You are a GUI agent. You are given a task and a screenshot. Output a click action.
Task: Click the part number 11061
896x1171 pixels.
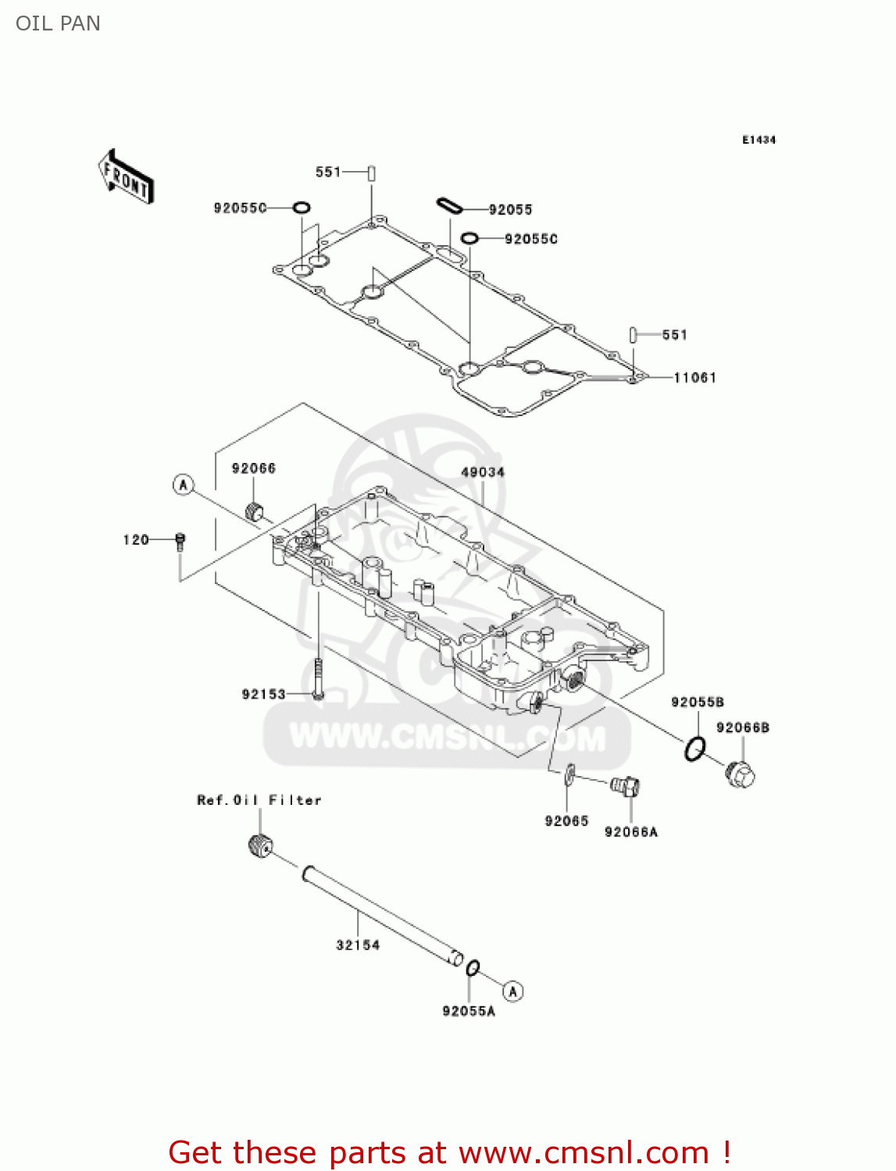pyautogui.click(x=694, y=378)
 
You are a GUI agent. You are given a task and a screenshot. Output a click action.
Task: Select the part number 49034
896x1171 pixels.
pyautogui.click(x=483, y=472)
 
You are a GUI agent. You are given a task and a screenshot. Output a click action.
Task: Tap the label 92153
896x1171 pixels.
pyautogui.click(x=264, y=694)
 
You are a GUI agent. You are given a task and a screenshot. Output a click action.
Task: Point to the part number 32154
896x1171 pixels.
pyautogui.click(x=358, y=945)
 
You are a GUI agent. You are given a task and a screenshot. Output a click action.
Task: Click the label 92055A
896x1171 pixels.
pyautogui.click(x=469, y=1012)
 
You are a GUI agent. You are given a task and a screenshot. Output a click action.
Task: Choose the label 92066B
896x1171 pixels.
pyautogui.click(x=743, y=728)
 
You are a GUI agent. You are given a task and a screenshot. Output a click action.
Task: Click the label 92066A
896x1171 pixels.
pyautogui.click(x=631, y=832)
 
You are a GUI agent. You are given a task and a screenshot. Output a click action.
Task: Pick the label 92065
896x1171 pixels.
pyautogui.click(x=566, y=821)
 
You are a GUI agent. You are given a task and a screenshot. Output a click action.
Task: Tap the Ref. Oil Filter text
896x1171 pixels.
pyautogui.click(x=259, y=800)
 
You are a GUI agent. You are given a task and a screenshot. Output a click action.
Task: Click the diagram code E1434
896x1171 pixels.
pyautogui.click(x=759, y=140)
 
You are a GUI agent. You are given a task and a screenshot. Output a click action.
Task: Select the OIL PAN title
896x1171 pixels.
pyautogui.click(x=59, y=23)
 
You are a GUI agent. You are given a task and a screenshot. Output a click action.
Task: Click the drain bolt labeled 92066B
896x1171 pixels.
pyautogui.click(x=741, y=774)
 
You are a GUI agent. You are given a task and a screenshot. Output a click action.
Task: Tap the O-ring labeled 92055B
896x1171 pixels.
pyautogui.click(x=694, y=749)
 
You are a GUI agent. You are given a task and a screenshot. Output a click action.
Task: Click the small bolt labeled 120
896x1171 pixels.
pyautogui.click(x=180, y=541)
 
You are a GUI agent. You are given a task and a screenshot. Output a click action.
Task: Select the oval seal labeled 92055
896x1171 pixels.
pyautogui.click(x=449, y=205)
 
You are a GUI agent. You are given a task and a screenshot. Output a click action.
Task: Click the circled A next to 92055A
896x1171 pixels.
pyautogui.click(x=512, y=991)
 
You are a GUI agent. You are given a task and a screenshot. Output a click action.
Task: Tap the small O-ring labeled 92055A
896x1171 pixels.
pyautogui.click(x=473, y=969)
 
